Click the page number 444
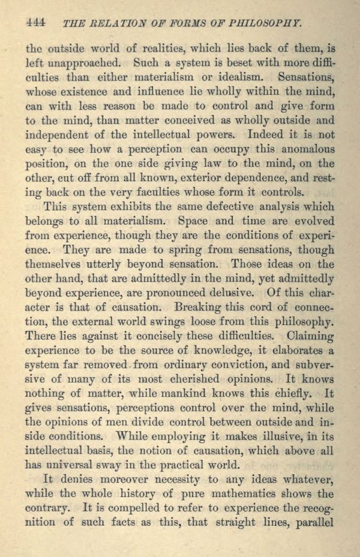point(36,23)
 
